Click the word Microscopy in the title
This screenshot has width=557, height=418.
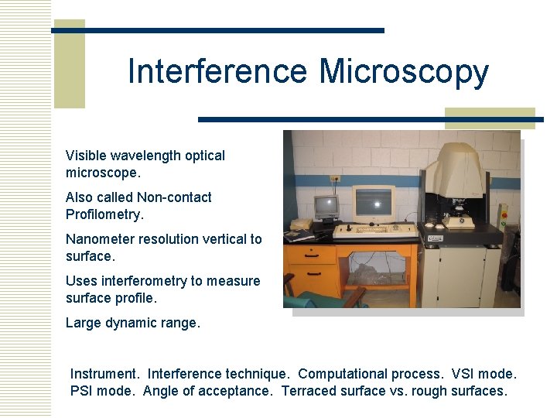click(404, 72)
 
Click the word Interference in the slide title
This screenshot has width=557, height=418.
click(217, 72)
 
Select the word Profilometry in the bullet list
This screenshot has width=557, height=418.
click(104, 214)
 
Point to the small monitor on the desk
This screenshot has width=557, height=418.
click(326, 207)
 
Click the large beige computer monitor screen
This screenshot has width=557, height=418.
click(374, 203)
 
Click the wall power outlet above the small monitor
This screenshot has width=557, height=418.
click(335, 179)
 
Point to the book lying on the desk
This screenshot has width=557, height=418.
click(299, 225)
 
